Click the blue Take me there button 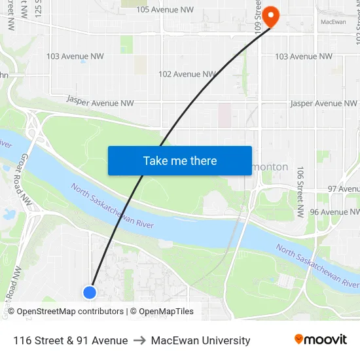[x=179, y=160]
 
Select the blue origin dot [x=90, y=293]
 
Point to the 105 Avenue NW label [x=165, y=10]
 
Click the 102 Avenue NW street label [x=187, y=74]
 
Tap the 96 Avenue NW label [x=334, y=212]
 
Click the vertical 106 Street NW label [x=300, y=191]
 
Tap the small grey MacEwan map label [x=333, y=22]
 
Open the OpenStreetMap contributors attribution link [x=69, y=312]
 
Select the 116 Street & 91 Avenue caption [x=70, y=340]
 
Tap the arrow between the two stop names [x=139, y=340]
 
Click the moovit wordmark [x=326, y=340]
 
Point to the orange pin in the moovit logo [x=299, y=339]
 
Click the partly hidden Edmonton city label [x=270, y=167]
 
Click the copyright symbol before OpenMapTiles [x=133, y=312]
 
